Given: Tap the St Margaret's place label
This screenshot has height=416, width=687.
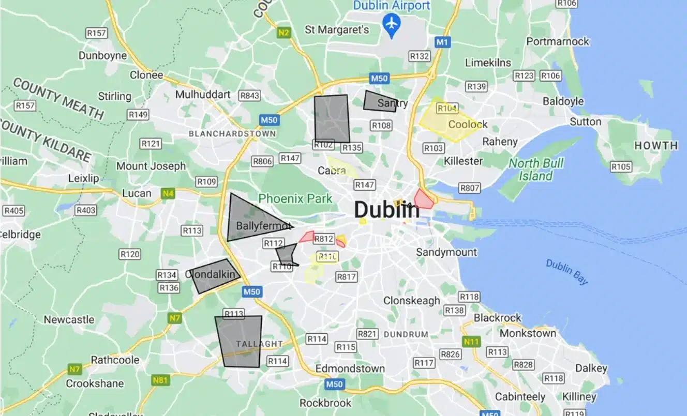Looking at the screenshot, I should tap(337, 29).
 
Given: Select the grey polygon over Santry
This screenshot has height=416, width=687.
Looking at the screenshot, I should tap(379, 101).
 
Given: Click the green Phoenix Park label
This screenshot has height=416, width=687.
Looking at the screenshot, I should tap(295, 198).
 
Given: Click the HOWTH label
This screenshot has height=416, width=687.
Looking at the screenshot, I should tap(655, 146).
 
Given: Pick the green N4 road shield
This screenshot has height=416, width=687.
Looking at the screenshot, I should tap(167, 194).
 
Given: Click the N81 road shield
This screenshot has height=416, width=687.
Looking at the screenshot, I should tap(160, 380).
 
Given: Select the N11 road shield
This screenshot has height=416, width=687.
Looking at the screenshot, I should tap(471, 342).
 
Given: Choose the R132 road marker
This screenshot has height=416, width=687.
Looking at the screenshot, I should tap(419, 56).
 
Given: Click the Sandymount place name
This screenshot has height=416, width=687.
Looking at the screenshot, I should tap(446, 252).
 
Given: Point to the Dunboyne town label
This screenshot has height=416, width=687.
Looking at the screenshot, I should tap(102, 55).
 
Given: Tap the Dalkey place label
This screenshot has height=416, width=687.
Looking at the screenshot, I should tap(591, 368).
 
